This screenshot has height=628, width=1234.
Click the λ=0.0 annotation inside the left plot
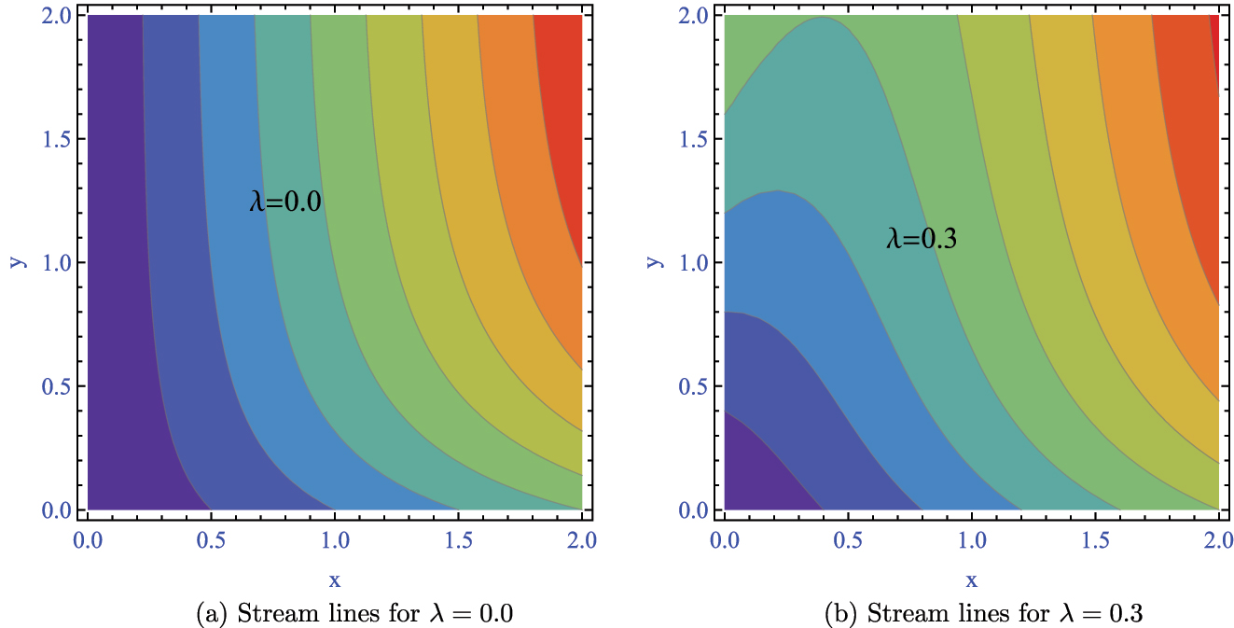pyautogui.click(x=285, y=202)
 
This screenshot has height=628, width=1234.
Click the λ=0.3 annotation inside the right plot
pyautogui.click(x=922, y=240)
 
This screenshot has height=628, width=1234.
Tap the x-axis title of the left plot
pyautogui.click(x=335, y=580)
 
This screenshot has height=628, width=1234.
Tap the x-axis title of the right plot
pyautogui.click(x=971, y=580)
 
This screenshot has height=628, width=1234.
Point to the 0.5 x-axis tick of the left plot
pyautogui.click(x=211, y=539)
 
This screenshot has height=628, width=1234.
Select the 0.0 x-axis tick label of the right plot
pyautogui.click(x=724, y=539)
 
